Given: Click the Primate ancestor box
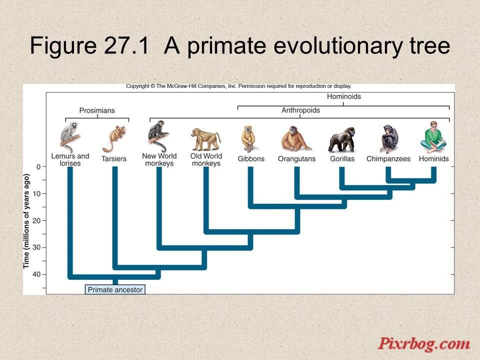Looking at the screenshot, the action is tap(115, 289).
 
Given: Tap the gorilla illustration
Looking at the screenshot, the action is tap(342, 140).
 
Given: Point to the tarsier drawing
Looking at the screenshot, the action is tap(114, 139).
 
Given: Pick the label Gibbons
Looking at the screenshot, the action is tap(251, 159).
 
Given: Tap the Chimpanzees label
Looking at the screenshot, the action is tap(388, 159).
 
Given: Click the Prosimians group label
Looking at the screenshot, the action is tap(97, 110).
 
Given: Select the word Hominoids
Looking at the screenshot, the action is tap(344, 96).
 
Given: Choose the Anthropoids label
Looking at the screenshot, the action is tap(300, 110).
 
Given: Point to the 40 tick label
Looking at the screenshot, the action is tap(36, 274).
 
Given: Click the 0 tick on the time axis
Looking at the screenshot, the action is tap(38, 167).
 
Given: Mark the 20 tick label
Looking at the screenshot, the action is tap(36, 220).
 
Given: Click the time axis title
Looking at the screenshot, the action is tap(26, 221).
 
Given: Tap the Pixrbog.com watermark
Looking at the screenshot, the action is tap(423, 344).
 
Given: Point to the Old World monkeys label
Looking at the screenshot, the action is tap(206, 159).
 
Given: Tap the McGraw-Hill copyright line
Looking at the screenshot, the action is tap(239, 86).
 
